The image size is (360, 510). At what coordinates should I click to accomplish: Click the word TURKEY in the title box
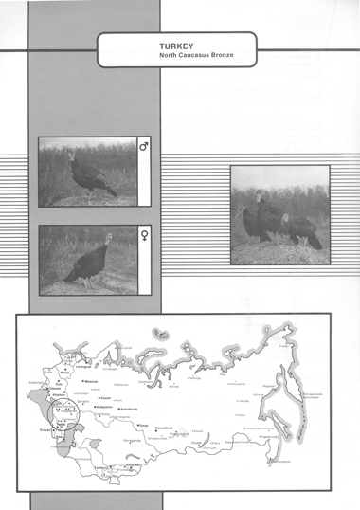[x=177, y=45]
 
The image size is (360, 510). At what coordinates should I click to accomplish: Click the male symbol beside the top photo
[x=144, y=148]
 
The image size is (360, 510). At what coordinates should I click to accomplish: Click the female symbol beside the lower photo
[x=144, y=233]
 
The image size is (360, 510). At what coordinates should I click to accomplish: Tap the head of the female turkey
[x=108, y=238]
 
